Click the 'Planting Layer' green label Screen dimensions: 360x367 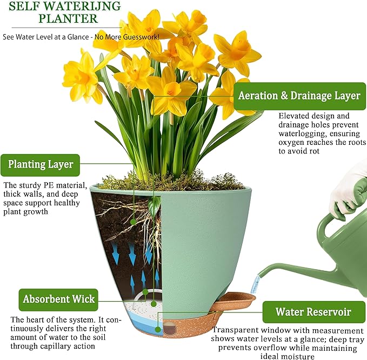[x=41, y=164]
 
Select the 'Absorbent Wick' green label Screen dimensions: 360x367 [x=59, y=298]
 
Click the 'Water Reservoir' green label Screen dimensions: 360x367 [x=312, y=312]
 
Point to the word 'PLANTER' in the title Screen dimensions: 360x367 [x=69, y=19]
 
